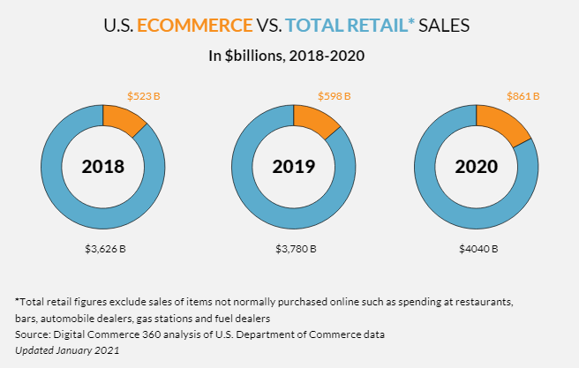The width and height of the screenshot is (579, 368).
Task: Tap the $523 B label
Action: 144,95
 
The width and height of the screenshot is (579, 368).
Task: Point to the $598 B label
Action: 334,95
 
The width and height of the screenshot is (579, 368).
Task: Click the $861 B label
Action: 523,95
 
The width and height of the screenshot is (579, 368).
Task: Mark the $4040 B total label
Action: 477,249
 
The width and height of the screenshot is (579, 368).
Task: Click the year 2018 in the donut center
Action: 103,167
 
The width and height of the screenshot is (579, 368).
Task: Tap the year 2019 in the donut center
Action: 294,167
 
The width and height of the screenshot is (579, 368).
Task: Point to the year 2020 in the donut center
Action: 477,167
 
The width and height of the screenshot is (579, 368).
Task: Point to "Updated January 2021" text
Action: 66,350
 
